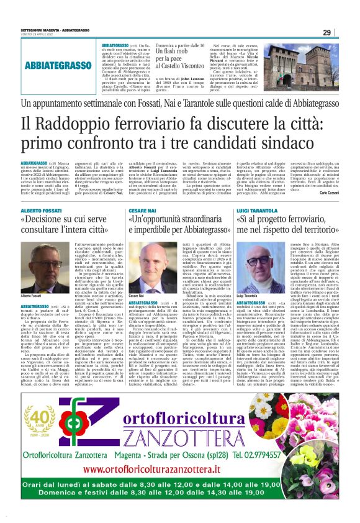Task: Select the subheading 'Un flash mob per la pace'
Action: point(179,60)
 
